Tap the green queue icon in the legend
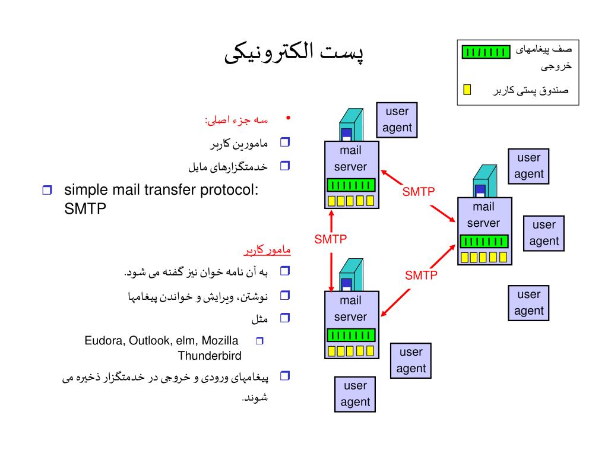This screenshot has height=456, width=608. coord(486,52)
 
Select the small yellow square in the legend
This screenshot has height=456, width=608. coord(467,90)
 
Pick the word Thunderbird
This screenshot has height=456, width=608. coord(210,356)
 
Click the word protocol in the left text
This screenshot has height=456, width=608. coord(228,190)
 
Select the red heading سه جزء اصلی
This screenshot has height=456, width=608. coord(236,121)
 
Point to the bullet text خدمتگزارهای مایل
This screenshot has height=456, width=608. coord(228,167)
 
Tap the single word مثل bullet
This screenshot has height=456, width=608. coord(259,319)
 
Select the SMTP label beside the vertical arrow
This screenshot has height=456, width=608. coord(330,239)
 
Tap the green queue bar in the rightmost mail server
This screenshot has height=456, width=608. coord(484,241)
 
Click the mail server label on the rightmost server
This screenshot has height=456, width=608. coord(483,215)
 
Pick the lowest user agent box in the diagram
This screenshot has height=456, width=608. coord(355,394)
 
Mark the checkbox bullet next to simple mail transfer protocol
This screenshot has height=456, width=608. coord(47,191)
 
